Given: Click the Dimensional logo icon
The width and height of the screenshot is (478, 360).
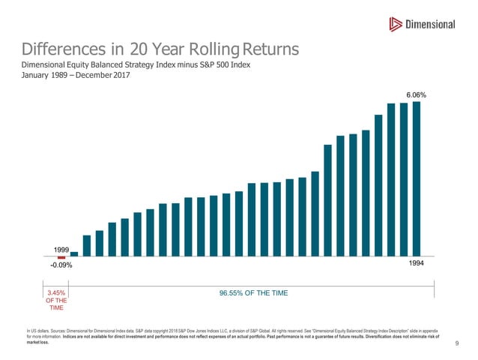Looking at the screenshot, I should click(x=395, y=25).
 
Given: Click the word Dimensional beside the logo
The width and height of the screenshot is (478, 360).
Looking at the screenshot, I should click(x=430, y=25).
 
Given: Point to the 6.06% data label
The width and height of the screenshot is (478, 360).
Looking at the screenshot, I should click(x=416, y=96).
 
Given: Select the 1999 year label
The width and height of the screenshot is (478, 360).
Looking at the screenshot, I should click(x=61, y=248).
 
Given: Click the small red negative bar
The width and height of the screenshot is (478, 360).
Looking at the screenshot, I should click(x=61, y=257).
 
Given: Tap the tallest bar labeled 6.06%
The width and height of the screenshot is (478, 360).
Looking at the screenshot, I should click(x=417, y=178).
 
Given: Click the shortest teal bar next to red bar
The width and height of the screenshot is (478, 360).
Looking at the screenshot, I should click(x=74, y=253).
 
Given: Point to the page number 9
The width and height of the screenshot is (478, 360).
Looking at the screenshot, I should click(x=456, y=343).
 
